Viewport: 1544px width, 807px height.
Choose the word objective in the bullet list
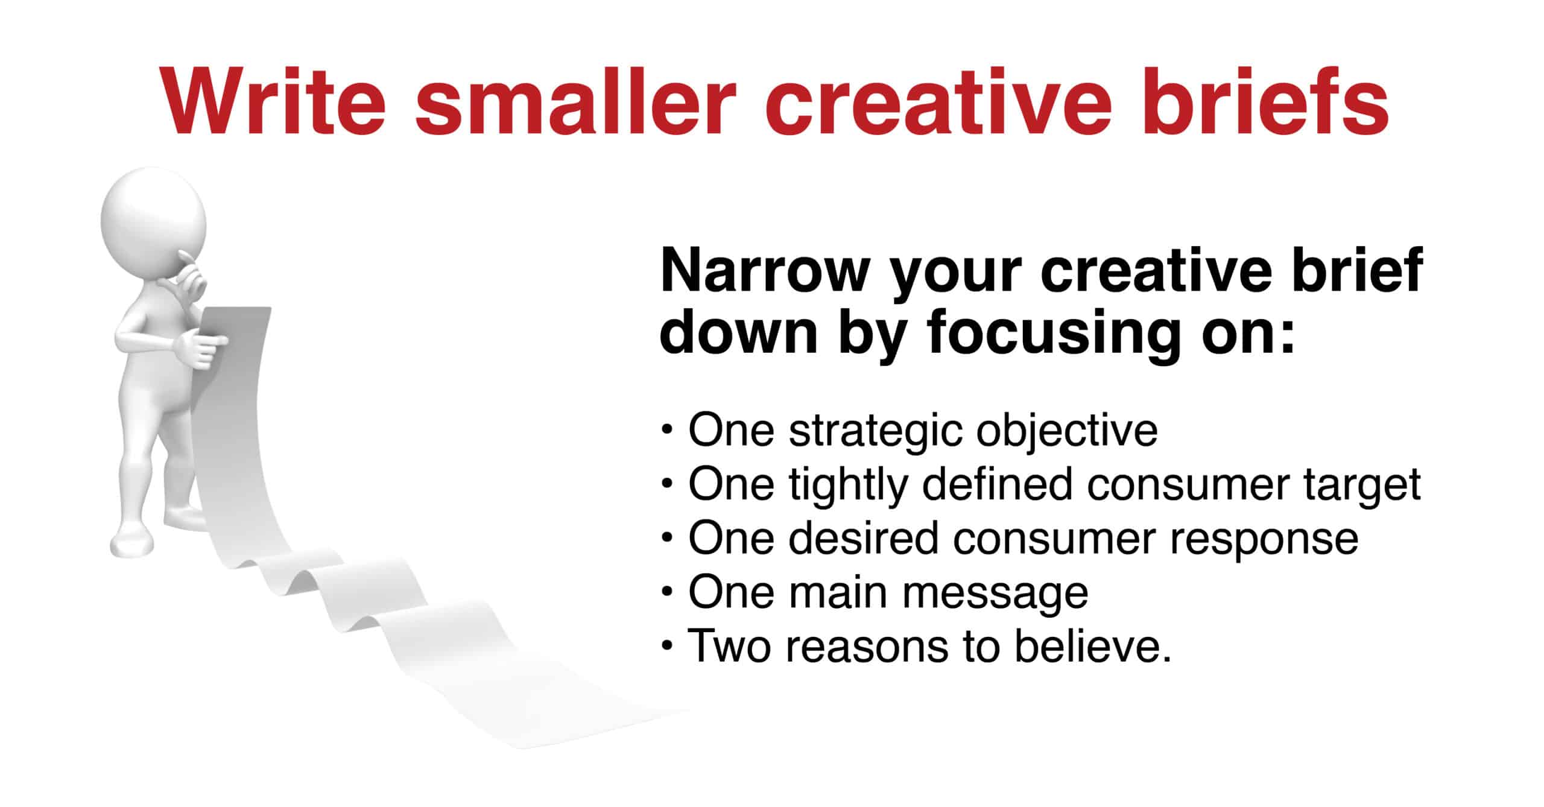click(1067, 432)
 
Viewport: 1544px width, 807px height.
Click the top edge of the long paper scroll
click(236, 310)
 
